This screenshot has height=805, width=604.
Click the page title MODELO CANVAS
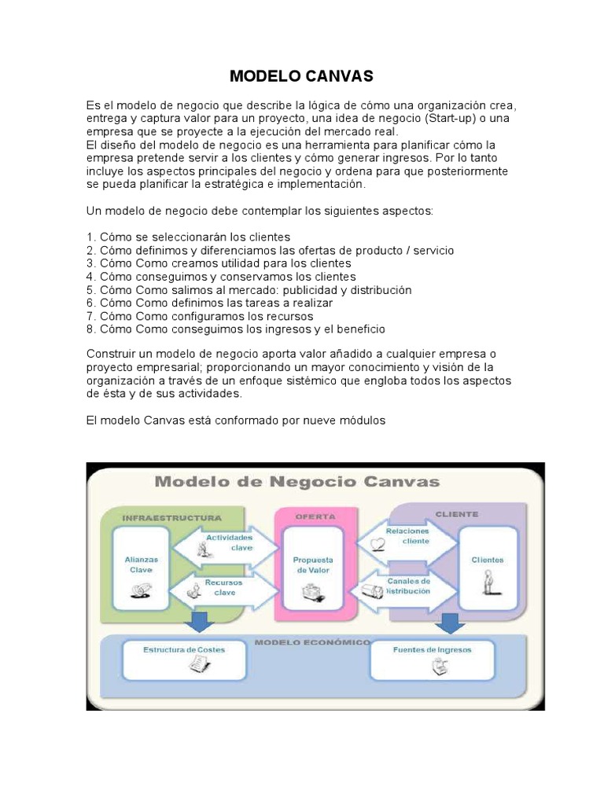coord(301,76)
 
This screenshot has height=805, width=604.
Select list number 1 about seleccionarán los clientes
coord(189,237)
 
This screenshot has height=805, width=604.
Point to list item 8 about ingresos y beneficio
coord(236,329)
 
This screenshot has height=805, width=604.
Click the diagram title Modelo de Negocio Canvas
coord(297,482)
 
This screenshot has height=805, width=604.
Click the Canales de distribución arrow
coord(405,586)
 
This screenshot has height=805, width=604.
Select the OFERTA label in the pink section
coord(315,517)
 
